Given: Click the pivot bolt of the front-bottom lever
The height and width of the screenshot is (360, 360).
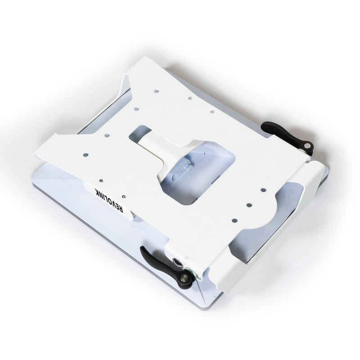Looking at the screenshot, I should click(183, 276).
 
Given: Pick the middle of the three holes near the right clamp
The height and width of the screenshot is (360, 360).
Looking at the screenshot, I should click(249, 205).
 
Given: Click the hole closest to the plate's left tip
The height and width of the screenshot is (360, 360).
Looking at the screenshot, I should click(85, 155).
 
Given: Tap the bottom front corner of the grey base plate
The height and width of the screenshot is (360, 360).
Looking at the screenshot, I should click(202, 306).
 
